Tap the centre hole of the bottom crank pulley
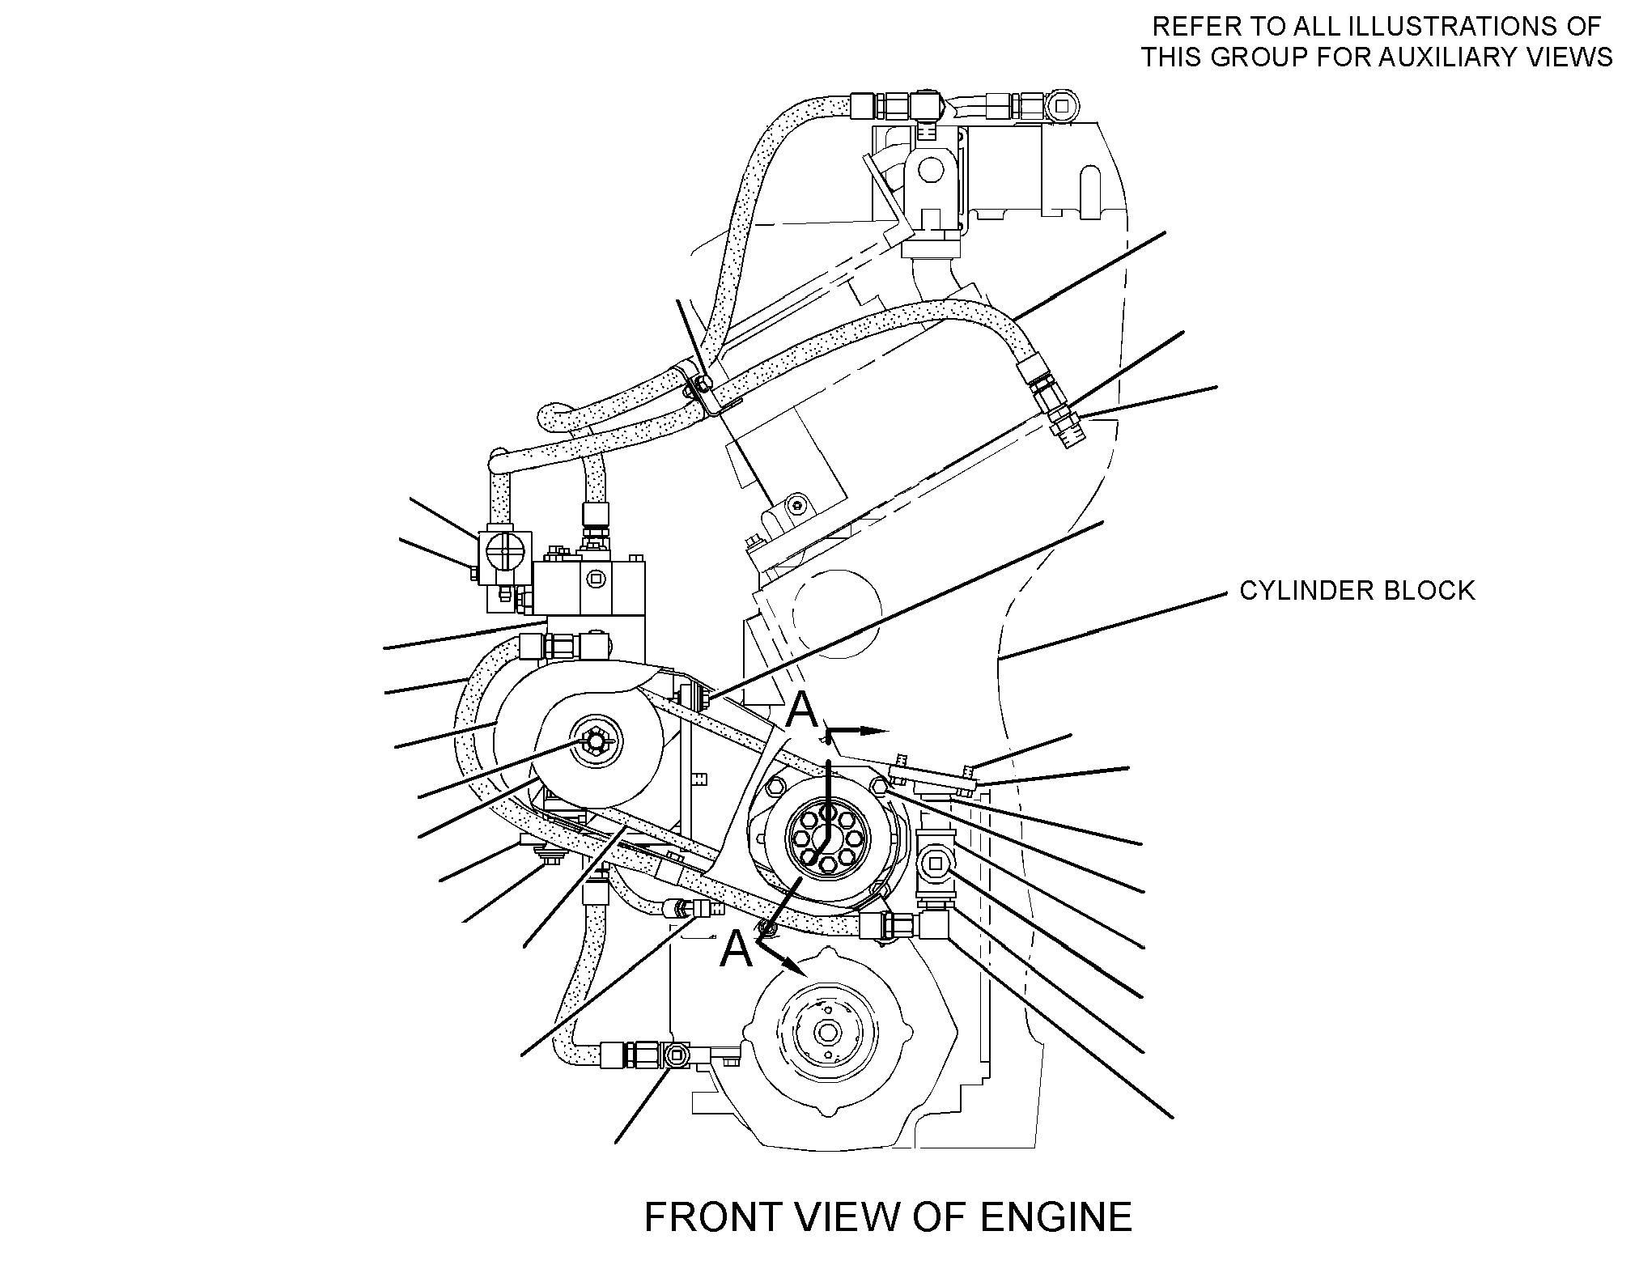tap(826, 1033)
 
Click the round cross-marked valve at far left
tap(505, 557)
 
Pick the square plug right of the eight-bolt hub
tap(937, 864)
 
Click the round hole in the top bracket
tap(930, 170)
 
